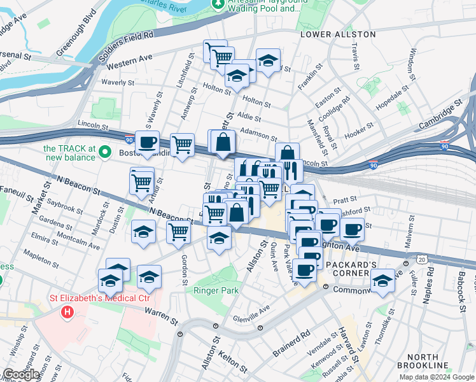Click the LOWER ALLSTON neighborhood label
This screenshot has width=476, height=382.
[338, 34]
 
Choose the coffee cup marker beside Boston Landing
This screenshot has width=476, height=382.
[147, 143]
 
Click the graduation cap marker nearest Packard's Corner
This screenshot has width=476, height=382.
[382, 279]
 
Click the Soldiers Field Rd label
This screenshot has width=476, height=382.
[127, 46]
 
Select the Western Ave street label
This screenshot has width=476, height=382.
[130, 62]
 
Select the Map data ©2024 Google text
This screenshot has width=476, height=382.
[437, 377]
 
